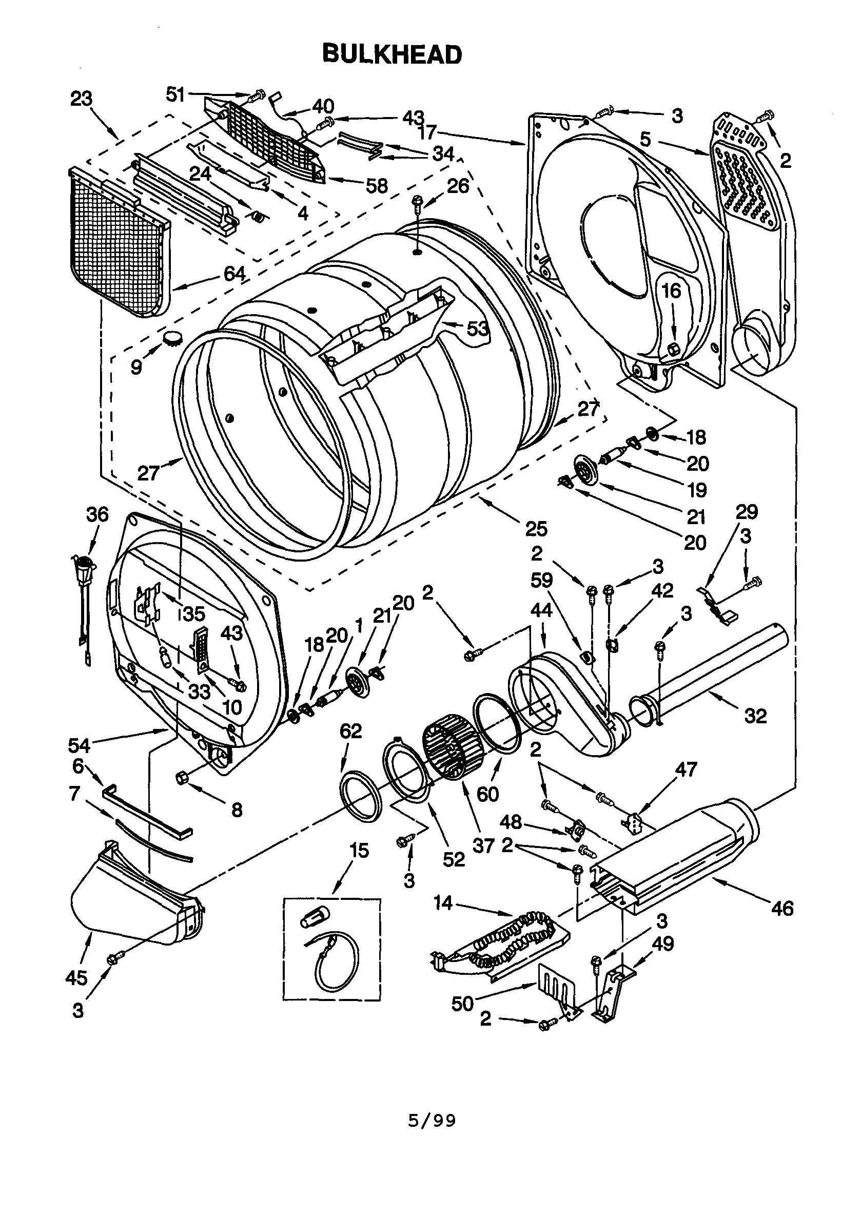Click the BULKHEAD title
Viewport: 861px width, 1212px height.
point(392,54)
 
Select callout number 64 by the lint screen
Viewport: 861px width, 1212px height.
point(234,274)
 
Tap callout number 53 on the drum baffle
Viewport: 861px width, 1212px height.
point(477,330)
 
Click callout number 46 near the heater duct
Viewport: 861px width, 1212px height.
point(782,908)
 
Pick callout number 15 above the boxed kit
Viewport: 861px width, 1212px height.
point(359,850)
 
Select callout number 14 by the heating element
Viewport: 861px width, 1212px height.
point(443,902)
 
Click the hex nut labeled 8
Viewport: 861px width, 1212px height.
point(181,777)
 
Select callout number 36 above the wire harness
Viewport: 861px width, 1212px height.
point(97,514)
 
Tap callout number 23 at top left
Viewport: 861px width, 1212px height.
point(81,99)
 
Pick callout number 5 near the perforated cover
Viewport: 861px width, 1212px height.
point(644,140)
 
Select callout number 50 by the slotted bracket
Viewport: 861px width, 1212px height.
point(462,1004)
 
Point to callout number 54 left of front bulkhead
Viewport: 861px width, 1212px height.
point(79,745)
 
